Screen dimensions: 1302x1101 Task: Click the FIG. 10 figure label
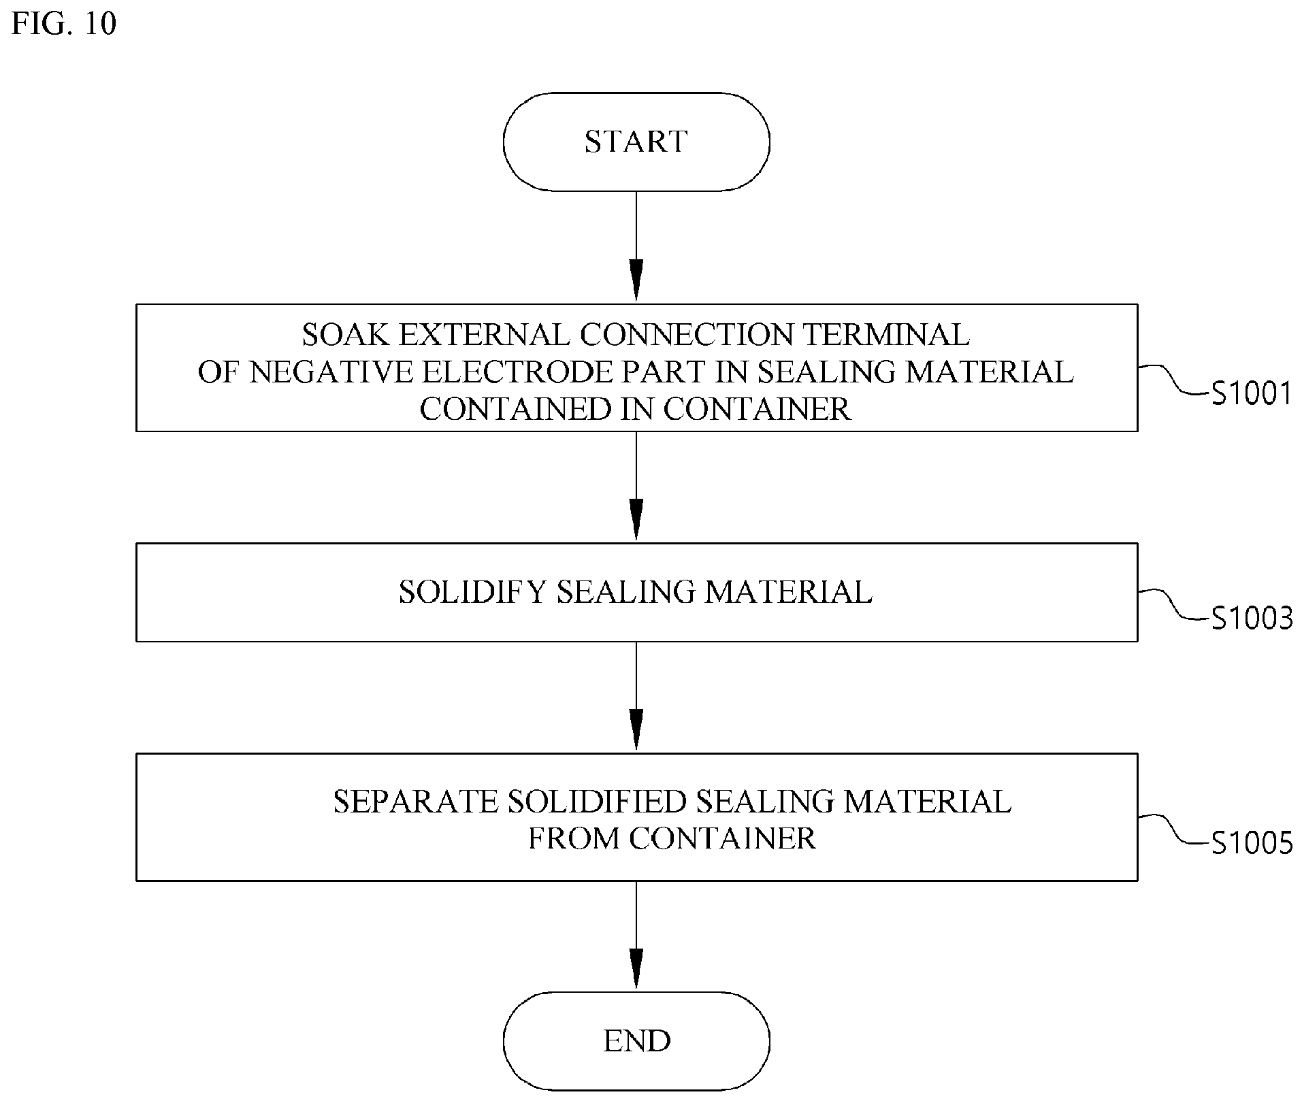[64, 24]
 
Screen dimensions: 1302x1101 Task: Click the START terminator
[636, 142]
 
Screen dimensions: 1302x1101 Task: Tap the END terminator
[636, 1041]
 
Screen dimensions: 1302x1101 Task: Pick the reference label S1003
[1252, 619]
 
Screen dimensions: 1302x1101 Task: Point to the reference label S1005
[1252, 843]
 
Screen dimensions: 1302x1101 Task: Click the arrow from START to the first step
[636, 246]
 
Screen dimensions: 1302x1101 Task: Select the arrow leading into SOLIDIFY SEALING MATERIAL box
[636, 486]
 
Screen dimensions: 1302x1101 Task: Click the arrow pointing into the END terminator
[636, 935]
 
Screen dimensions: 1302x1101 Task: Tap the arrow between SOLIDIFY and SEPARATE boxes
[636, 696]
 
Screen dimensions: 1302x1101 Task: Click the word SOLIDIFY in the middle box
[472, 592]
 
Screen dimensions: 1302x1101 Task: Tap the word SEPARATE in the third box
[415, 802]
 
